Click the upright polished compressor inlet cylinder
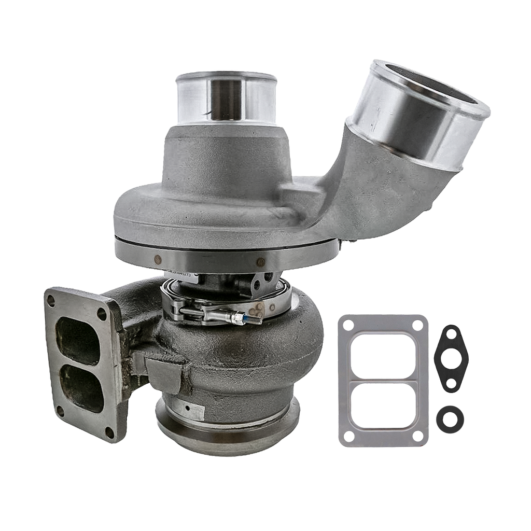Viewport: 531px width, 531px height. [x=226, y=99]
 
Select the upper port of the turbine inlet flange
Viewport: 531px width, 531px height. [x=78, y=340]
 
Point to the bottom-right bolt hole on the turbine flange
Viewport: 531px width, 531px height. [x=109, y=430]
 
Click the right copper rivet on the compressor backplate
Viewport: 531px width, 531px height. [x=261, y=261]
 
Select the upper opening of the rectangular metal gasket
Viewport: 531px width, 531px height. [x=383, y=355]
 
